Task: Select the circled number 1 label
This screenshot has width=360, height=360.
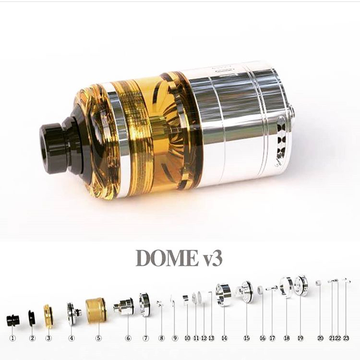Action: (x=13, y=338)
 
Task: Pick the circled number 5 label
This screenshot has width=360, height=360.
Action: (x=98, y=338)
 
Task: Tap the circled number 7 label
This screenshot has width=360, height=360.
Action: (x=145, y=338)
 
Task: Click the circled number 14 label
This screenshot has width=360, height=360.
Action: (x=224, y=338)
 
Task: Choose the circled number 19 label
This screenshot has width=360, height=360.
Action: (x=300, y=338)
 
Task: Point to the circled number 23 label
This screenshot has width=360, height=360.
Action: (x=346, y=338)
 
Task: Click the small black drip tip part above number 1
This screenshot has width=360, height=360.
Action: (x=13, y=321)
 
